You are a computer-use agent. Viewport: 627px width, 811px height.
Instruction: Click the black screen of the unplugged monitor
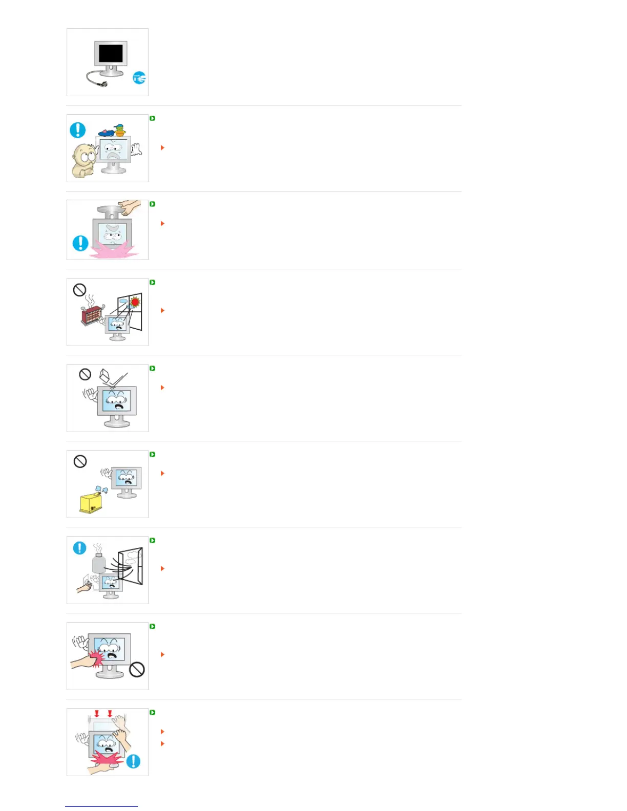tap(111, 53)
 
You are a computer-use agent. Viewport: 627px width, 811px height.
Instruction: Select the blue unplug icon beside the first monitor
tap(139, 78)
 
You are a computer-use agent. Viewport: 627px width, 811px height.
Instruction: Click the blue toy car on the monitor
tap(107, 133)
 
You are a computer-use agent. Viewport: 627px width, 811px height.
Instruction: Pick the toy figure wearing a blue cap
tap(120, 130)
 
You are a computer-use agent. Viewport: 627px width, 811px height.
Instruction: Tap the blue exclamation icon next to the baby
tap(77, 130)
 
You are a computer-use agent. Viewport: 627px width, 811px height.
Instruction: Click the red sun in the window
tap(135, 302)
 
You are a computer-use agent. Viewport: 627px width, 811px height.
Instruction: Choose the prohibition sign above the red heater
tap(79, 290)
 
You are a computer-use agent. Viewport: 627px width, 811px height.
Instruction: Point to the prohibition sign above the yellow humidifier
tap(80, 461)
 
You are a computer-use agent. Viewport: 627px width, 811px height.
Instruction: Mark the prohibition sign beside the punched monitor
tap(137, 669)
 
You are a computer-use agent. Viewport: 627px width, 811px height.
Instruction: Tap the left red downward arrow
tap(97, 713)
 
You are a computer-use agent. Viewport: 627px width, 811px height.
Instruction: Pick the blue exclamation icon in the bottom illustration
tap(133, 761)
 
